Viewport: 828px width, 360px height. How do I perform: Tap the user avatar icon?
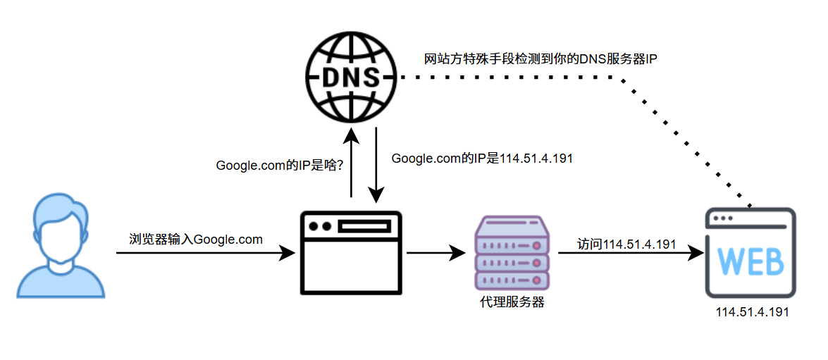pyautogui.click(x=61, y=247)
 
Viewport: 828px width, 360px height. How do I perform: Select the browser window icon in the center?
pyautogui.click(x=350, y=252)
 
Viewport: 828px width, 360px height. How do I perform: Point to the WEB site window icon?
pyautogui.click(x=750, y=255)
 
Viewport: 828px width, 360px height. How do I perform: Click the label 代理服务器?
pyautogui.click(x=512, y=303)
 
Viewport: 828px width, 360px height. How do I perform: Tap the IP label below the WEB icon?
pyautogui.click(x=752, y=312)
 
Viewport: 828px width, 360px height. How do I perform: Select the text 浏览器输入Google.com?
pyautogui.click(x=196, y=240)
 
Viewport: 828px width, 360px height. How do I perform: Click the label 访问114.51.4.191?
pyautogui.click(x=626, y=244)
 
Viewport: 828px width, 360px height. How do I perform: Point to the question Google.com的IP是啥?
pyautogui.click(x=280, y=166)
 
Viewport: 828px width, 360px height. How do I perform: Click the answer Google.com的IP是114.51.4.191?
pyautogui.click(x=482, y=159)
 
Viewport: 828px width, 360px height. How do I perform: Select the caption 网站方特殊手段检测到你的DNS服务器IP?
pyautogui.click(x=540, y=59)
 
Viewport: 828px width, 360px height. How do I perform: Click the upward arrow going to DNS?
pyautogui.click(x=350, y=162)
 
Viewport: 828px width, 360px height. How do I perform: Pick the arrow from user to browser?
pyautogui.click(x=204, y=252)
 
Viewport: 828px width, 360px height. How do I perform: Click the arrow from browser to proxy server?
pyautogui.click(x=437, y=252)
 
